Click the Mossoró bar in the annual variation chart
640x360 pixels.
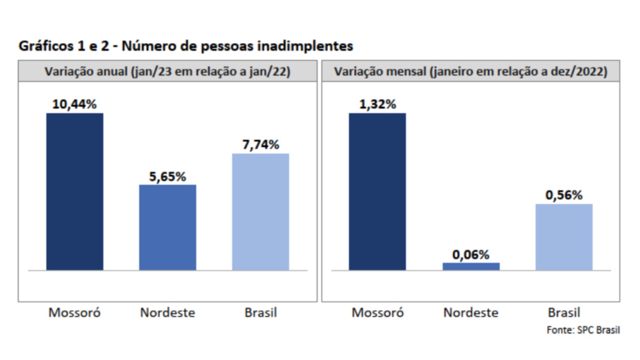[x=75, y=192]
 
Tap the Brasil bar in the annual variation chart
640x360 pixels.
[x=260, y=212]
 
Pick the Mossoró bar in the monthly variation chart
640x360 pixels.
[x=377, y=192]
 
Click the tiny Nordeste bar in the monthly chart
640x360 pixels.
[x=471, y=266]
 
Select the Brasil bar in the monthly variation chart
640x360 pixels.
[x=564, y=237]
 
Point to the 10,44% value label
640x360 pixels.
[x=74, y=104]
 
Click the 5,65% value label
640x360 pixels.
[x=168, y=176]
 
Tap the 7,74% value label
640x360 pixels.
[x=260, y=144]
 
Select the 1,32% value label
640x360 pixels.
[x=377, y=104]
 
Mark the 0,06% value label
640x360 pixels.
[x=471, y=255]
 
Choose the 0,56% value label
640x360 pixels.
[x=564, y=195]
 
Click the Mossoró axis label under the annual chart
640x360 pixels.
[x=74, y=312]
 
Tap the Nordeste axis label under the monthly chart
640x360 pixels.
[x=471, y=312]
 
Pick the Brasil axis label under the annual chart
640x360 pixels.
[x=260, y=312]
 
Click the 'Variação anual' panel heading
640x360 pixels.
[x=167, y=72]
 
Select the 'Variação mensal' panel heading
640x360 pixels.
[x=470, y=72]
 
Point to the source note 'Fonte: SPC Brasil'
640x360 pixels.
[x=583, y=330]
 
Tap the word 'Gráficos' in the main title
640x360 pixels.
[x=46, y=46]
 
